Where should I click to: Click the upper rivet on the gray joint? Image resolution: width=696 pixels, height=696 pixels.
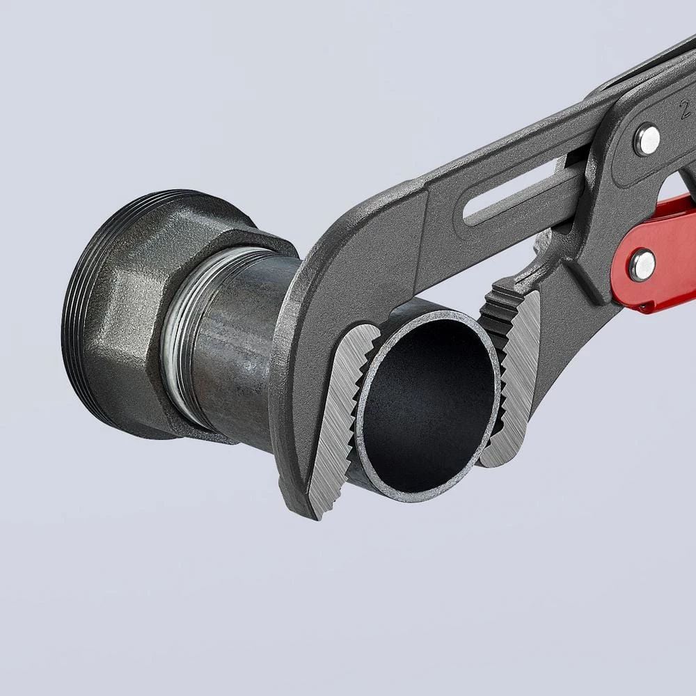pos(647,140)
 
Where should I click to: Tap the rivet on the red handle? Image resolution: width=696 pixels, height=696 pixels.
pos(642,264)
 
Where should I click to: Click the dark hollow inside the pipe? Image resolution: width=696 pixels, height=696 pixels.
pos(428,404)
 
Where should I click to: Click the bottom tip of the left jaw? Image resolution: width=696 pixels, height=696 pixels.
pos(317,512)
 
